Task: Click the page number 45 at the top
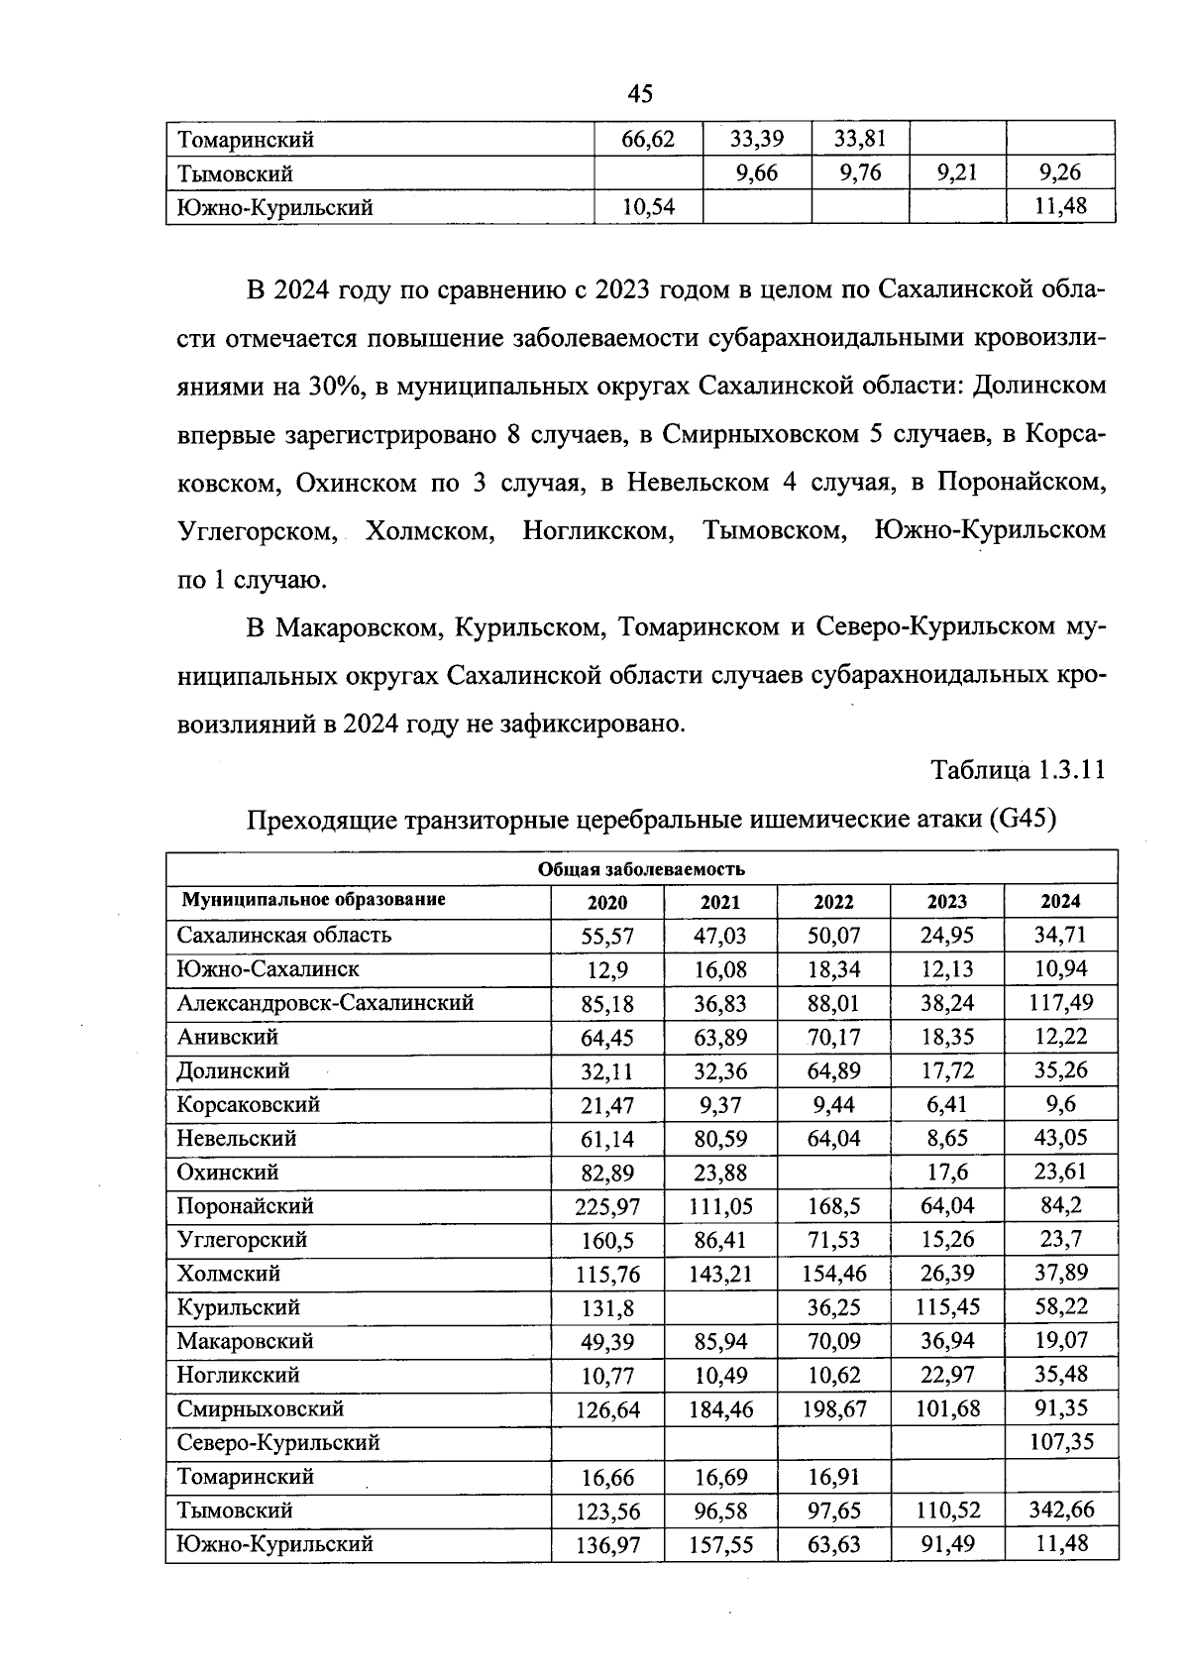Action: point(640,93)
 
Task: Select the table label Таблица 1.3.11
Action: point(1018,770)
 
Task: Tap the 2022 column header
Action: point(833,902)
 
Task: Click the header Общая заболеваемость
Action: point(641,869)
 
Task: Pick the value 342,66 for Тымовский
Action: point(1060,1510)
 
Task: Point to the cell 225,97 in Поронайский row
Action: point(607,1207)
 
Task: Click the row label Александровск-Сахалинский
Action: point(325,1003)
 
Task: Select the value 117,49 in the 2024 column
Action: point(1060,1003)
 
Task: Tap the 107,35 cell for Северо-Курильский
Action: point(1060,1442)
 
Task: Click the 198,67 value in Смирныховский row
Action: point(833,1409)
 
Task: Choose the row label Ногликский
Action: point(238,1375)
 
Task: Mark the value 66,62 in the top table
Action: point(647,140)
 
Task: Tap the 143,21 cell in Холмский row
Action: point(720,1275)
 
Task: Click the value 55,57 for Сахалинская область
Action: point(607,936)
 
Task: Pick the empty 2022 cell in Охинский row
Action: point(833,1173)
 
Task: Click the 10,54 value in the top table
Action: point(647,208)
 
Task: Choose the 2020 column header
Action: point(607,902)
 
